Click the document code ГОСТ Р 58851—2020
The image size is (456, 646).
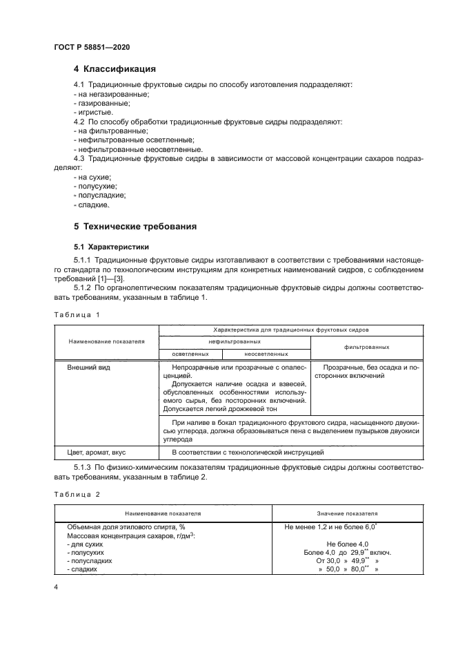pyautogui.click(x=92, y=46)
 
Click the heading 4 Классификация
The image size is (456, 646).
pyautogui.click(x=115, y=69)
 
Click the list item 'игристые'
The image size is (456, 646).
pyautogui.click(x=93, y=111)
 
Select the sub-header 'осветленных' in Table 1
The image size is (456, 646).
pyautogui.click(x=190, y=353)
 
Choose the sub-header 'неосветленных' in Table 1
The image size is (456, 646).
pyautogui.click(x=266, y=353)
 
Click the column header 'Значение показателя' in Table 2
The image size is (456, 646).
pyautogui.click(x=347, y=514)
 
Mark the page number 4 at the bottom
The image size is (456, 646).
pyautogui.click(x=56, y=587)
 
